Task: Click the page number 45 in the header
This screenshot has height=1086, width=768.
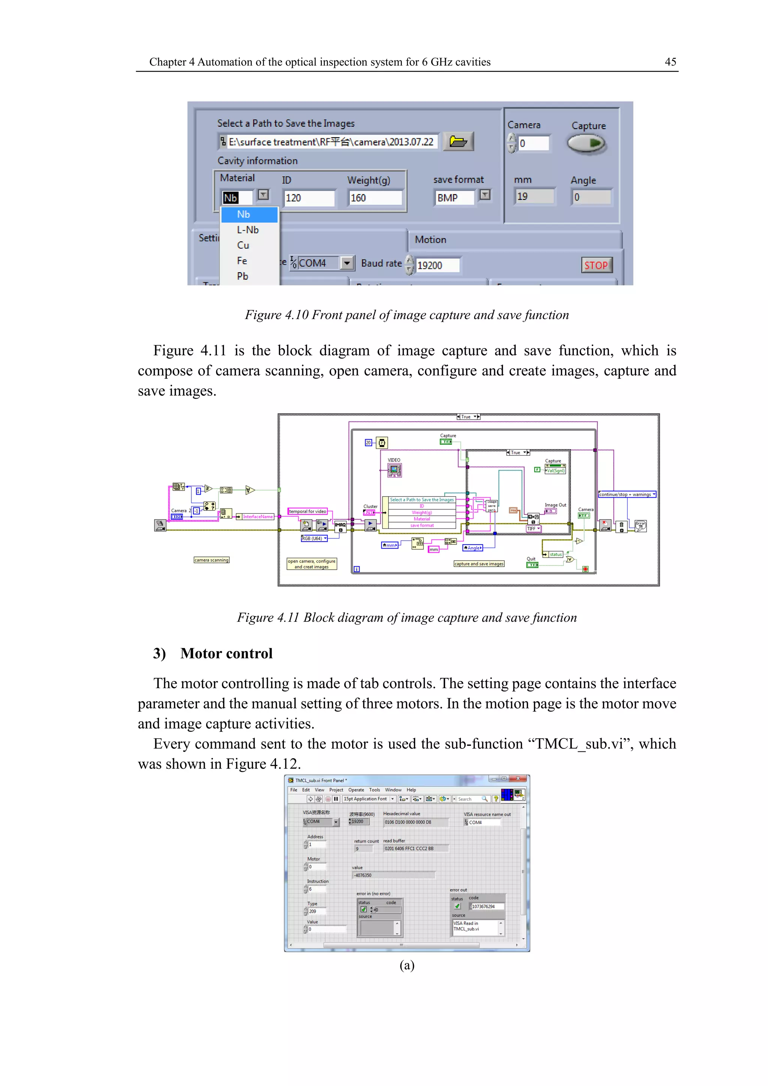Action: coord(670,62)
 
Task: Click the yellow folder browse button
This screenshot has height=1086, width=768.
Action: coord(458,141)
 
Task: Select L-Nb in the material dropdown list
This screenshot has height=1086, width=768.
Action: coord(248,230)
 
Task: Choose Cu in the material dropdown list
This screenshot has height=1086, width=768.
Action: coord(243,245)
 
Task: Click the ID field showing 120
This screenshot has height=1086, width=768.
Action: coord(308,198)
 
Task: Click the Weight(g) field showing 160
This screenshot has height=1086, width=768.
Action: coord(375,198)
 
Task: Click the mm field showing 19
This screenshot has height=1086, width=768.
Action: coord(534,196)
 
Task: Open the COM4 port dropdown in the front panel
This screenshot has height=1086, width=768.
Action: coord(347,263)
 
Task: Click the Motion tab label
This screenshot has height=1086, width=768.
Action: coord(430,240)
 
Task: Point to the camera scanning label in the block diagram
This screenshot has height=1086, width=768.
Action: coord(211,560)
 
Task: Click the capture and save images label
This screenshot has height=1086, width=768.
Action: coord(478,564)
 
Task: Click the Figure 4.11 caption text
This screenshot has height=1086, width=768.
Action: coord(407,618)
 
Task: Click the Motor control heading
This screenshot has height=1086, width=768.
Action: coord(226,654)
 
